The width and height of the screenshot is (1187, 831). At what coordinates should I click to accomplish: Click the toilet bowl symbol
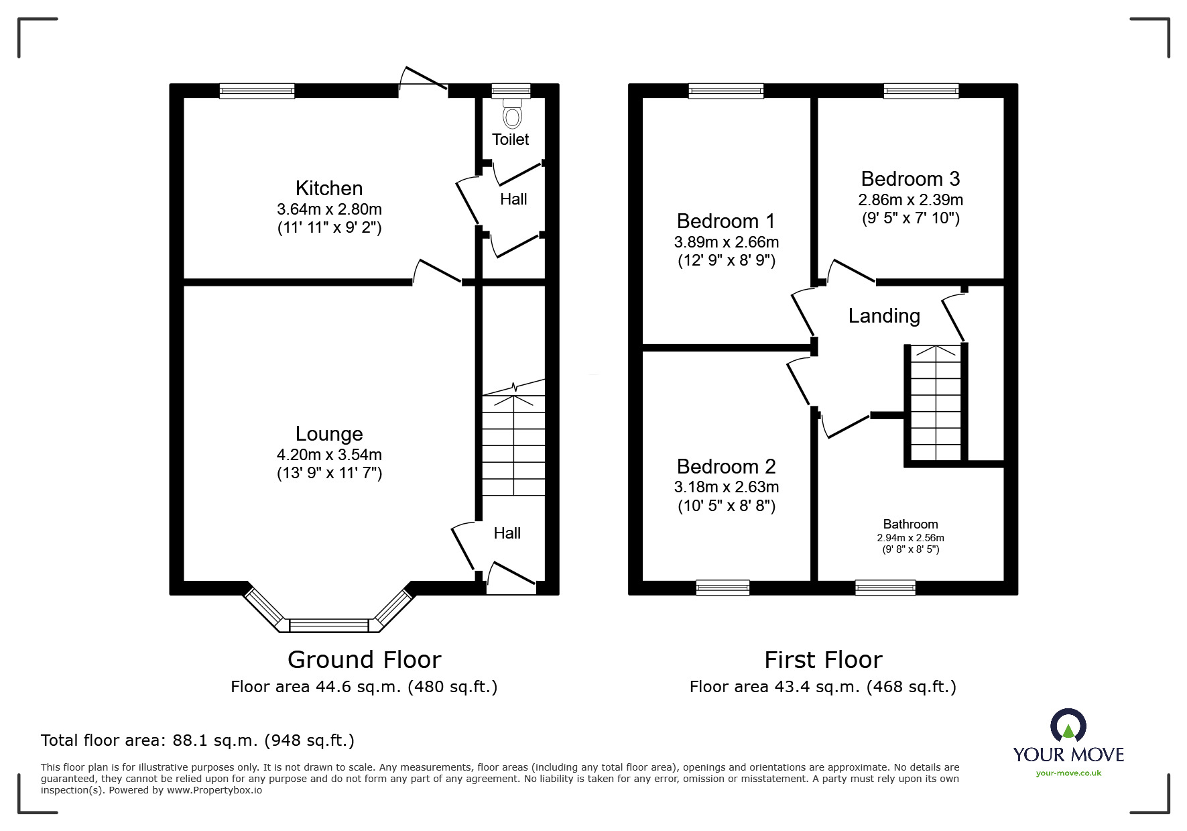pyautogui.click(x=513, y=113)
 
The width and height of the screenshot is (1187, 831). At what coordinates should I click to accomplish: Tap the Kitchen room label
pyautogui.click(x=329, y=188)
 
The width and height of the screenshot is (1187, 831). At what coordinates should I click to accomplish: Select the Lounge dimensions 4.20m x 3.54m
pyautogui.click(x=329, y=455)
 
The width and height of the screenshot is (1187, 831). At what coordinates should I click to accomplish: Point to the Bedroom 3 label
pyautogui.click(x=910, y=179)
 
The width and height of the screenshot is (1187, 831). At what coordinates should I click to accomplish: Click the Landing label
pyautogui.click(x=884, y=316)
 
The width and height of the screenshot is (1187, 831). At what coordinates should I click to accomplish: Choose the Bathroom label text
pyautogui.click(x=910, y=524)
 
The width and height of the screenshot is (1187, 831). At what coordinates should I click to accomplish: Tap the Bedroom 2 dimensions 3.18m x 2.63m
pyautogui.click(x=727, y=487)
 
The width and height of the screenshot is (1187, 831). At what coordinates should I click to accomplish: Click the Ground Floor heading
pyautogui.click(x=364, y=660)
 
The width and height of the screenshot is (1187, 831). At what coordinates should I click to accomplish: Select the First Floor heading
pyautogui.click(x=823, y=660)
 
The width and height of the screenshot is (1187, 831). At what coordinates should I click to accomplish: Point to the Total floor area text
pyautogui.click(x=198, y=740)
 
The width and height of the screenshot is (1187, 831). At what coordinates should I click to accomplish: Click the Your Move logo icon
pyautogui.click(x=1068, y=725)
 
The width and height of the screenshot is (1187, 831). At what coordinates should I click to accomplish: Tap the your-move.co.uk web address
pyautogui.click(x=1068, y=773)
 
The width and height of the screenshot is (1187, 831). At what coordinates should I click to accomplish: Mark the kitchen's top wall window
pyautogui.click(x=257, y=91)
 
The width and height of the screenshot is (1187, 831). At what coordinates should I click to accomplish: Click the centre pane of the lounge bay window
pyautogui.click(x=328, y=625)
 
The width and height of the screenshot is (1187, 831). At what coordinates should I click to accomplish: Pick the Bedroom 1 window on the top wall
pyautogui.click(x=726, y=91)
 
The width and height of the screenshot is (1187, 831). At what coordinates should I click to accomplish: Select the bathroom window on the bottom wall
pyautogui.click(x=885, y=588)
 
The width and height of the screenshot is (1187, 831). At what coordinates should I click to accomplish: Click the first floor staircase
pyautogui.click(x=935, y=402)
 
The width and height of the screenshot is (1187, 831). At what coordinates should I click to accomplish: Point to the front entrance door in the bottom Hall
pyautogui.click(x=511, y=579)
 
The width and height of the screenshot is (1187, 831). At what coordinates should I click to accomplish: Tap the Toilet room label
pyautogui.click(x=511, y=140)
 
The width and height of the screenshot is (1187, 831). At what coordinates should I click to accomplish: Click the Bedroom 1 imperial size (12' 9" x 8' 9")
pyautogui.click(x=727, y=260)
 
